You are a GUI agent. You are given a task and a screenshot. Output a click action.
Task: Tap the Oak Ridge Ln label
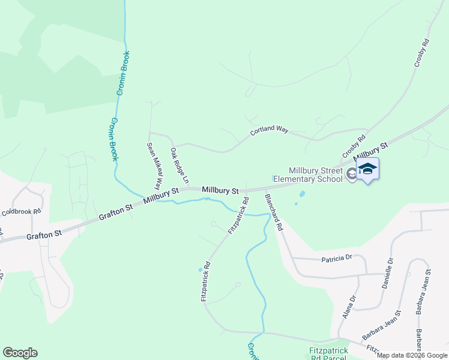coord(179,166)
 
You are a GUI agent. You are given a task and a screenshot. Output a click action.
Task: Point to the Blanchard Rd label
coord(273,212)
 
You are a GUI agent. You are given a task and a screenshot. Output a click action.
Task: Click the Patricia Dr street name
coord(336,258)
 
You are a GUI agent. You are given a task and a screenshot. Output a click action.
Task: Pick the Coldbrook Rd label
coord(21,212)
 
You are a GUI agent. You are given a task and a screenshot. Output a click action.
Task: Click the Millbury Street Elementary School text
coord(307,174)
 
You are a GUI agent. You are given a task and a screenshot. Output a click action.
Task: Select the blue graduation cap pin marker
coord(367,170)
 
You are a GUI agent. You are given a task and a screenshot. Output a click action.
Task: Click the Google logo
coord(20,353)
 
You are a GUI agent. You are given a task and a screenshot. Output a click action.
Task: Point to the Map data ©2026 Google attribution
coord(412,356)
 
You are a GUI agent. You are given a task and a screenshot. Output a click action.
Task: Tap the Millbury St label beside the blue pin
coord(371,151)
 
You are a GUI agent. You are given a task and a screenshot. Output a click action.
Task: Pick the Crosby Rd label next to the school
coord(354,147)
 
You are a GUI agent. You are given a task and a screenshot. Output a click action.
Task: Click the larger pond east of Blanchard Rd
coord(301,194)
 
